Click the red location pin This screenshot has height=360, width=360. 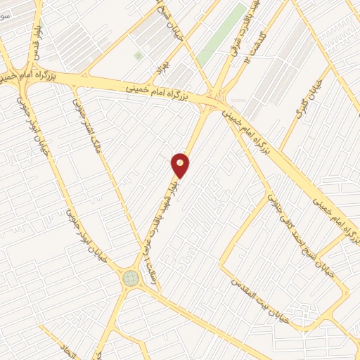[x=181, y=165]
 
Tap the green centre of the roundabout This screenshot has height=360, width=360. [x=131, y=278]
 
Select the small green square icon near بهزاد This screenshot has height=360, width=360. [x=138, y=54]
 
